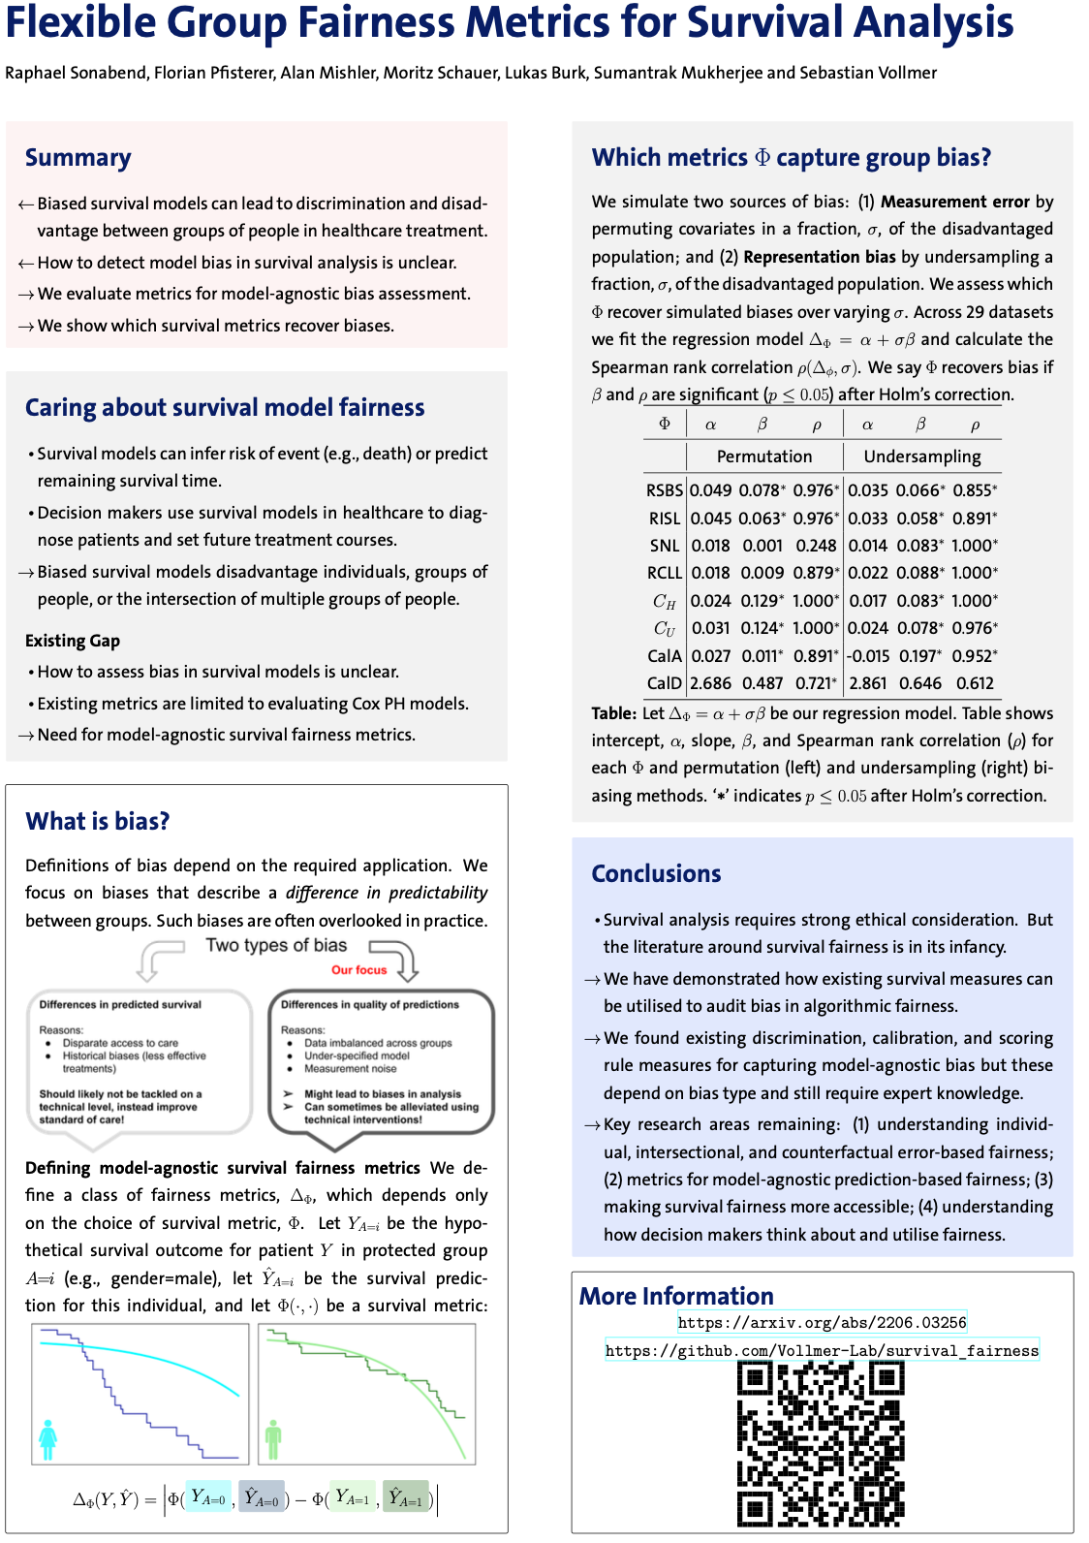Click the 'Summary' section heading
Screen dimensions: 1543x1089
point(78,158)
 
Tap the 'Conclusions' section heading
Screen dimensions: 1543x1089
point(656,873)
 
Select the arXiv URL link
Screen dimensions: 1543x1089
point(822,1322)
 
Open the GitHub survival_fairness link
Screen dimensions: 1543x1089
point(822,1350)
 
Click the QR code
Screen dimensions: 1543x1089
point(821,1443)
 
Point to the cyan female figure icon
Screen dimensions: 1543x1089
point(47,1439)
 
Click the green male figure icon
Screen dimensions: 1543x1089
point(273,1439)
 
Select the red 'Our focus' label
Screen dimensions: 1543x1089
point(358,969)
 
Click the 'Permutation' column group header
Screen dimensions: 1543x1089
point(763,457)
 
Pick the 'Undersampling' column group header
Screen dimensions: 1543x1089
point(921,457)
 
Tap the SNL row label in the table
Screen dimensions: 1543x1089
point(664,546)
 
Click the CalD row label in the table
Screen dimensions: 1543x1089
point(664,683)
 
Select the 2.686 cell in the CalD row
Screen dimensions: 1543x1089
point(710,683)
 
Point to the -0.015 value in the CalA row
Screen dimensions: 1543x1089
point(867,656)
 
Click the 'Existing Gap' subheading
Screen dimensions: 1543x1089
point(73,641)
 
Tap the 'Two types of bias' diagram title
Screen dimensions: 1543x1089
point(276,945)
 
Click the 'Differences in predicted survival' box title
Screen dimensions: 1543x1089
point(120,1004)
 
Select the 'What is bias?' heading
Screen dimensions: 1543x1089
point(97,821)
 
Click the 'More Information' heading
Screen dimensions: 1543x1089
point(676,1296)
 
